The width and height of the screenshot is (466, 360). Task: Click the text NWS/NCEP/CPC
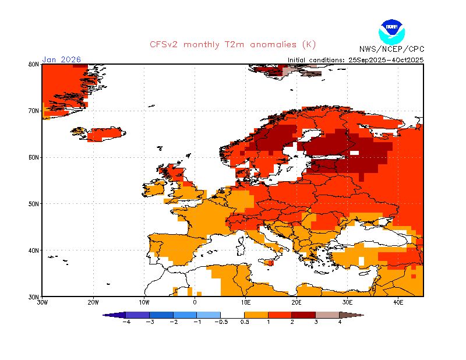tap(391, 49)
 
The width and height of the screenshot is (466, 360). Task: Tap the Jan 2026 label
tap(62, 59)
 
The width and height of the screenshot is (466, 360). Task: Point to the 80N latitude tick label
tap(34, 64)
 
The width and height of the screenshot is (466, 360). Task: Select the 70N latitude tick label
tap(34, 111)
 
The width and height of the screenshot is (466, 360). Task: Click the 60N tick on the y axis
tap(34, 157)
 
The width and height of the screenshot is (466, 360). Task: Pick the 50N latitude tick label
tap(34, 204)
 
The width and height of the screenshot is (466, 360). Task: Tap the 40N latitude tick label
tap(34, 250)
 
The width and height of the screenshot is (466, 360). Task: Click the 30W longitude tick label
tap(42, 302)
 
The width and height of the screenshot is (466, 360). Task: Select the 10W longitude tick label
tap(144, 302)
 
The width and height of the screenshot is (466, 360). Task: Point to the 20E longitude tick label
tap(296, 302)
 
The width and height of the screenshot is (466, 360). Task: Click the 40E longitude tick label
tap(398, 302)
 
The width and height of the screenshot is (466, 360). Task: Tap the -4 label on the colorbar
tap(125, 322)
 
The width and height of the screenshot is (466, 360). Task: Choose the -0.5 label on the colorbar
tap(221, 322)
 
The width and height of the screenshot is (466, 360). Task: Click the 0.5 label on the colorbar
tap(245, 322)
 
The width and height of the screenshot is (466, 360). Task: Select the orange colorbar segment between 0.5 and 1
tap(256, 315)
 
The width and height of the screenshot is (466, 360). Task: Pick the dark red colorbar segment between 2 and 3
tap(304, 315)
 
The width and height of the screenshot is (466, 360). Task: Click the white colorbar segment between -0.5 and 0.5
tap(232, 315)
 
